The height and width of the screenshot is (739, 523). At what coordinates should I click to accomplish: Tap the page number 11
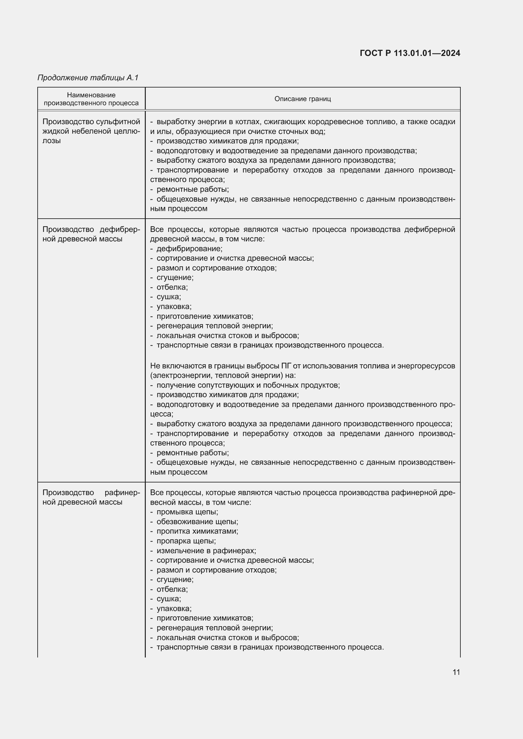(456, 672)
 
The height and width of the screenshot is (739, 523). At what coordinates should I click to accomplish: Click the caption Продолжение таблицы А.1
(88, 78)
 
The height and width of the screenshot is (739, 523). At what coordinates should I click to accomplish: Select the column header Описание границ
(302, 99)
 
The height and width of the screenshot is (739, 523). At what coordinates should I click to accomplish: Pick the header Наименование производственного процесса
(91, 99)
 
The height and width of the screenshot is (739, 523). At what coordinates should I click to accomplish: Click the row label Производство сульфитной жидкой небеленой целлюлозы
(91, 131)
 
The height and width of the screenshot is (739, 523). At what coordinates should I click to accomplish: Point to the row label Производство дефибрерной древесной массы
(91, 234)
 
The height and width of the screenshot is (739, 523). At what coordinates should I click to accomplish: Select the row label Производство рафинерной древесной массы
(91, 497)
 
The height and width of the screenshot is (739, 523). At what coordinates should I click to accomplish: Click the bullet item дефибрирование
(189, 248)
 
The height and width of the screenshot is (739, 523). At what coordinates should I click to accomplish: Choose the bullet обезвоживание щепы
(197, 521)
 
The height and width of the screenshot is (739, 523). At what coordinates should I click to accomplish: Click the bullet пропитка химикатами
(197, 531)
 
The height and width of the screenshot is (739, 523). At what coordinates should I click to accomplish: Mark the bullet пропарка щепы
(186, 541)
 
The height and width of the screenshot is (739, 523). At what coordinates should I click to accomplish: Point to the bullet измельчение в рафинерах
(206, 550)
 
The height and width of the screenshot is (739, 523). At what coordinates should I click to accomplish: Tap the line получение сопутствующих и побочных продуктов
(248, 385)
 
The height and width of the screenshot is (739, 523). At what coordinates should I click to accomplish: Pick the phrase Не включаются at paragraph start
(170, 366)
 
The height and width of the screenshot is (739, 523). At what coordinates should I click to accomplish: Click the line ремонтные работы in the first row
(193, 189)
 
